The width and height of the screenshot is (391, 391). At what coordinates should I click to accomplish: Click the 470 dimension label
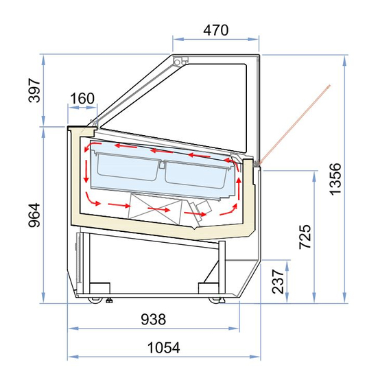[215, 30]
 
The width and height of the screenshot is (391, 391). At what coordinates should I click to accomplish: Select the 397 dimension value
[34, 91]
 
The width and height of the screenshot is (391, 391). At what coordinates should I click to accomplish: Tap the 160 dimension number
[82, 98]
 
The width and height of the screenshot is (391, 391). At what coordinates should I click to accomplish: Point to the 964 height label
[34, 215]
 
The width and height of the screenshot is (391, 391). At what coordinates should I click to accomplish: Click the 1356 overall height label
[335, 179]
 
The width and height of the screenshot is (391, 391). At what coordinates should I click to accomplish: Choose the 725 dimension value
[305, 237]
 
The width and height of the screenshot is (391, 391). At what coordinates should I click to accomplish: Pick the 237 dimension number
[278, 281]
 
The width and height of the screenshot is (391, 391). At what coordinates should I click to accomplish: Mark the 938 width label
[154, 319]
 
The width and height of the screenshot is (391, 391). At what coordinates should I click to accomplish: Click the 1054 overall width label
[164, 348]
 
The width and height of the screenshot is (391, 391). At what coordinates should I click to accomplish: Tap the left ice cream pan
[127, 167]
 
